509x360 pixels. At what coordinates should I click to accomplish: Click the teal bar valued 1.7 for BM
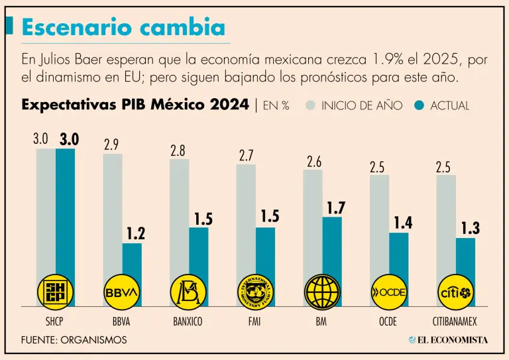[x=333, y=245]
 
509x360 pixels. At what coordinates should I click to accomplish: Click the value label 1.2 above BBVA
[x=135, y=233]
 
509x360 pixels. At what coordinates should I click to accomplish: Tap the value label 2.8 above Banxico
[x=178, y=150]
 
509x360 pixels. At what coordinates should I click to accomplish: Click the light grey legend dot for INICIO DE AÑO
[x=310, y=105]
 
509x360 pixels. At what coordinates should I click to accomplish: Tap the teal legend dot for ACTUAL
[x=418, y=105]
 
